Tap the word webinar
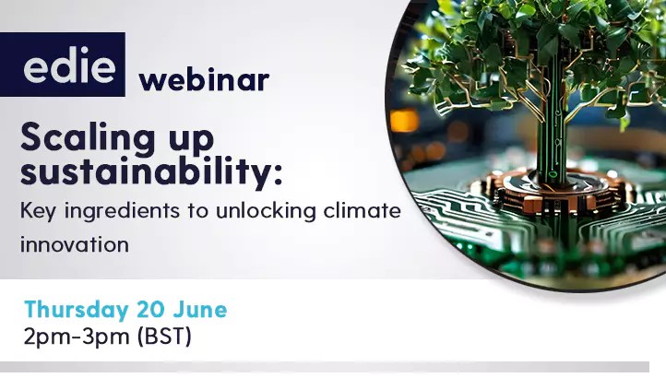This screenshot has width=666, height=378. pyautogui.click(x=204, y=80)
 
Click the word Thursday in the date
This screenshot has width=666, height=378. pyautogui.click(x=75, y=308)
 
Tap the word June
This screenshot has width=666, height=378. pyautogui.click(x=202, y=308)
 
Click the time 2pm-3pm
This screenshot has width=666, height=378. pyautogui.click(x=77, y=337)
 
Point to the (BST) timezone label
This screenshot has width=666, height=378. pyautogui.click(x=163, y=337)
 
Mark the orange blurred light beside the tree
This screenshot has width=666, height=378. pyautogui.click(x=402, y=121)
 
